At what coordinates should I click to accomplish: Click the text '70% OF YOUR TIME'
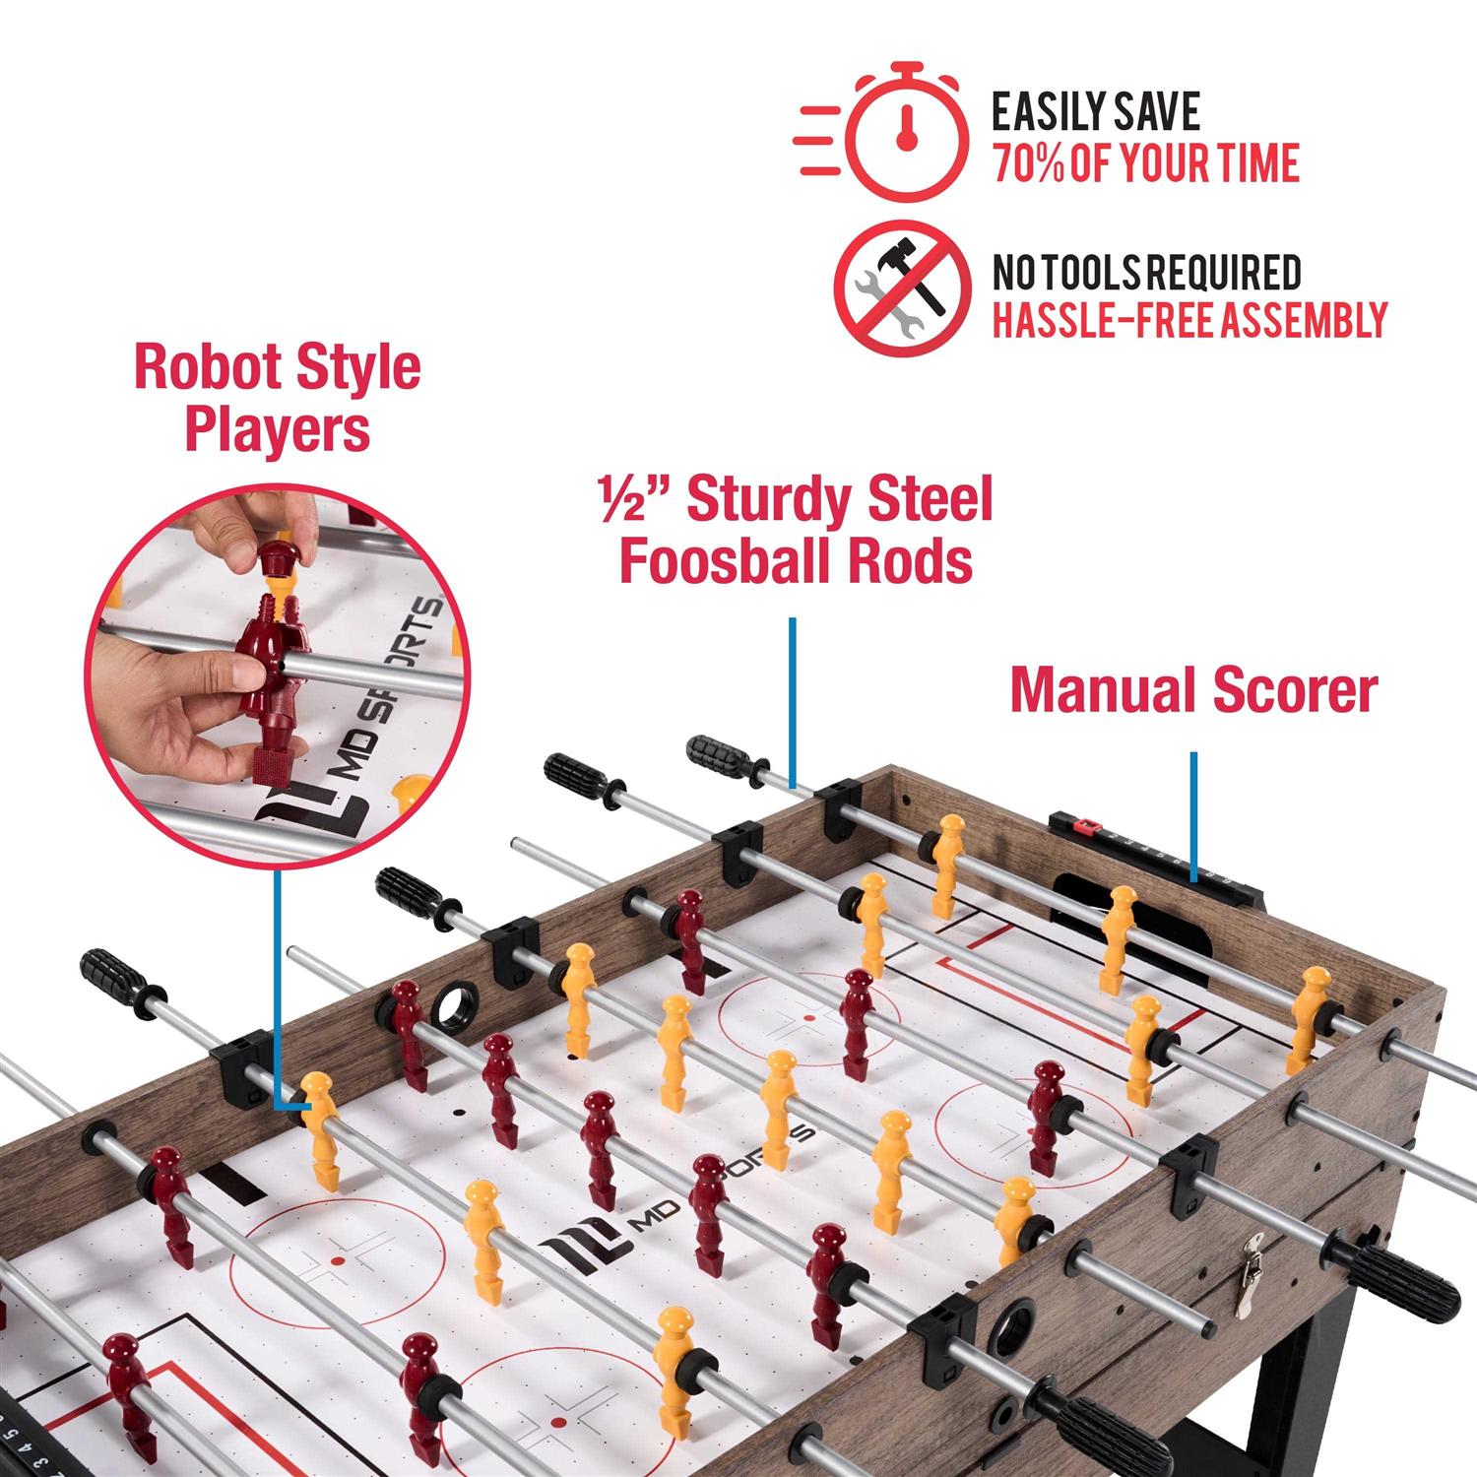(x=1146, y=163)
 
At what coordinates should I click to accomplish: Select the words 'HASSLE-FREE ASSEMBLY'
(x=1189, y=320)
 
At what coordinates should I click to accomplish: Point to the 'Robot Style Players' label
(x=277, y=398)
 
